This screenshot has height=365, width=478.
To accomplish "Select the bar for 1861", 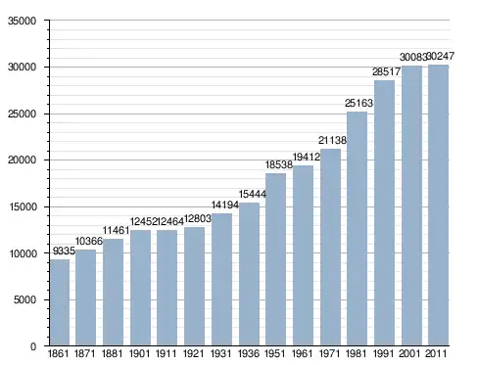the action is pyautogui.click(x=60, y=302).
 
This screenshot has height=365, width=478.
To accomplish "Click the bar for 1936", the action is pyautogui.click(x=249, y=274).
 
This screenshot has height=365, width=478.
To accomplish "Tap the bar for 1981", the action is pyautogui.click(x=357, y=229).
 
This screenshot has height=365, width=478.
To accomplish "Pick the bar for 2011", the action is pyautogui.click(x=438, y=205).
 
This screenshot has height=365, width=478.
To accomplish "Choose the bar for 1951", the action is pyautogui.click(x=275, y=259).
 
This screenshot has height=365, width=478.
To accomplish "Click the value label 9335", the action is pyautogui.click(x=64, y=251).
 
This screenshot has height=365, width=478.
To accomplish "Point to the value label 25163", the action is pyautogui.click(x=358, y=103).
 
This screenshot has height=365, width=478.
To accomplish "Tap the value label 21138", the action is pyautogui.click(x=332, y=140).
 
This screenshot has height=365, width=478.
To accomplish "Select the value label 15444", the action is pyautogui.click(x=253, y=194).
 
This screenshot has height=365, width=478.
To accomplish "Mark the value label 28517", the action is pyautogui.click(x=386, y=71).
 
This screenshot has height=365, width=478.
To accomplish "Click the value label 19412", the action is pyautogui.click(x=307, y=157).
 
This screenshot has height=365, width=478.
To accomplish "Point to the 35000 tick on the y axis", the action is pyautogui.click(x=22, y=21).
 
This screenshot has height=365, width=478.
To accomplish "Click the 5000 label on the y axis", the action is pyautogui.click(x=24, y=299).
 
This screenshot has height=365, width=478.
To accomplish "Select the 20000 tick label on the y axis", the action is pyautogui.click(x=22, y=160).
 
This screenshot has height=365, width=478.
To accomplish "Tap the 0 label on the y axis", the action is pyautogui.click(x=33, y=346).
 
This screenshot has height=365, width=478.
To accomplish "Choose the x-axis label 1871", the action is pyautogui.click(x=85, y=353).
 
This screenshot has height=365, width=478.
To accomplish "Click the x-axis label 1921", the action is pyautogui.click(x=194, y=353).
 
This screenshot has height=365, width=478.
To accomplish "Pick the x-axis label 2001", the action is pyautogui.click(x=410, y=353).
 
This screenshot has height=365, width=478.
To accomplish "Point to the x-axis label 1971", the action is pyautogui.click(x=329, y=353).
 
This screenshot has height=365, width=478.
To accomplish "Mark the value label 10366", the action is pyautogui.click(x=89, y=241).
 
